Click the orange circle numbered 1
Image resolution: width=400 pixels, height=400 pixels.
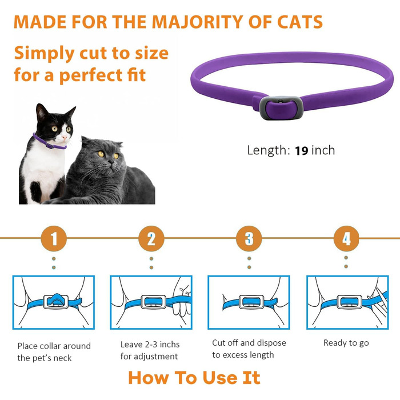(x=54, y=238)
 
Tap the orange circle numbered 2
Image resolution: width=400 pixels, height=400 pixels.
(x=151, y=238)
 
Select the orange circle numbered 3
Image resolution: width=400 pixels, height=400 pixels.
(x=249, y=238)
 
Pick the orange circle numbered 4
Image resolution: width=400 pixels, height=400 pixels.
(x=346, y=238)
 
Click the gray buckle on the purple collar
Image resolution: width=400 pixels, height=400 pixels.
(x=281, y=107)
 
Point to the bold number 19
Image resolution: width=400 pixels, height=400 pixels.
(x=302, y=150)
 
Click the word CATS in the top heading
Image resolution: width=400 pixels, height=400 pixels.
(x=300, y=22)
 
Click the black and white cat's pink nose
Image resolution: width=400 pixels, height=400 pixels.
(x=64, y=138)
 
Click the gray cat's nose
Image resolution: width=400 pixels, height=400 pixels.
(x=111, y=162)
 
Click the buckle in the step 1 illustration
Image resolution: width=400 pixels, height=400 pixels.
(x=56, y=302)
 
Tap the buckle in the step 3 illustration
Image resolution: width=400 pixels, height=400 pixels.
(x=251, y=302)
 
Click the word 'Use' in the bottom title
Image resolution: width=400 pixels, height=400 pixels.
(x=219, y=378)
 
